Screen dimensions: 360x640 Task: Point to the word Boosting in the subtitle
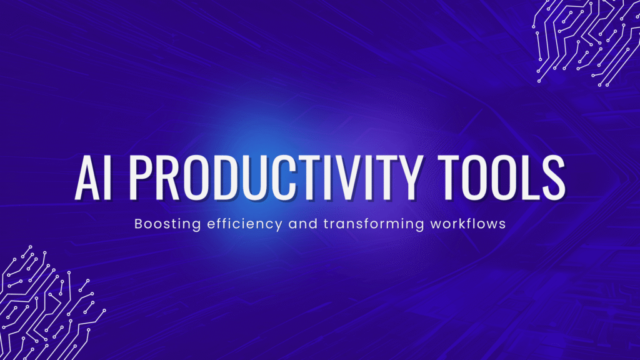point(160,223)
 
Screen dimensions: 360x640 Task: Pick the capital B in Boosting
point(139,223)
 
